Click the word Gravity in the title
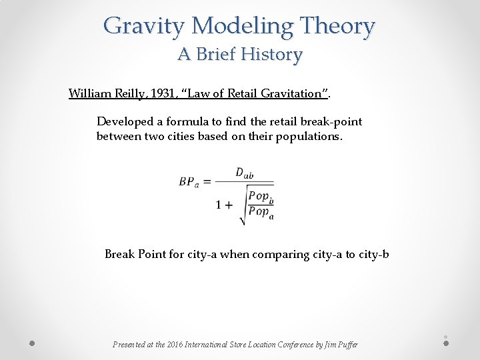pos(144,27)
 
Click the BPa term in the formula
pos(188,182)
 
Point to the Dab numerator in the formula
pos(244,173)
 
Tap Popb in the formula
pos(261,197)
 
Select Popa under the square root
pos(261,213)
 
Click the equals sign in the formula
pos(207,181)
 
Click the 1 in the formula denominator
pos(219,205)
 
